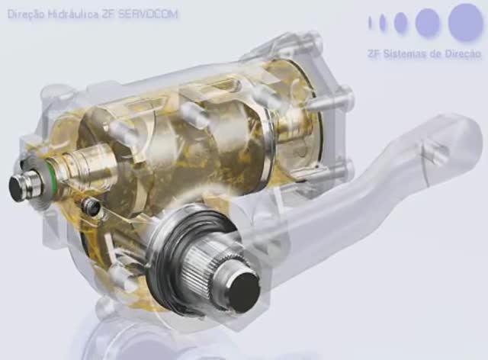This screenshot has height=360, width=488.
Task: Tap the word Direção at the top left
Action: (27, 14)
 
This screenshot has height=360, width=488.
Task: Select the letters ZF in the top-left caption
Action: (105, 14)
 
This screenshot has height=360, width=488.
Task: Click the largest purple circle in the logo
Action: (465, 22)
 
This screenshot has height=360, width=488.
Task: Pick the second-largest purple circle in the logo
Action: (429, 22)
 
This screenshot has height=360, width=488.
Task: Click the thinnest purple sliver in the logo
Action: (370, 22)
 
